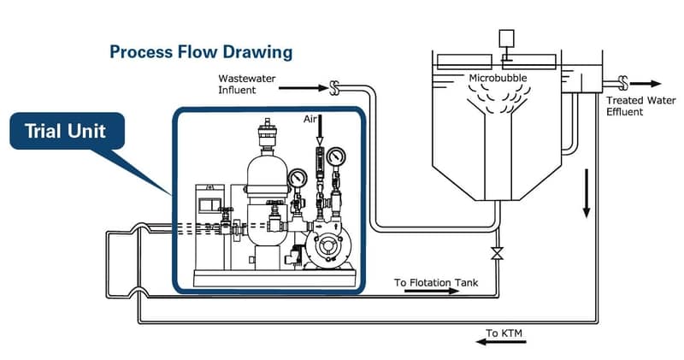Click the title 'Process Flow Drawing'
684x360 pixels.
tap(201, 52)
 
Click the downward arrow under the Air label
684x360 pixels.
tap(320, 133)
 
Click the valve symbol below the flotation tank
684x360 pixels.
tap(494, 255)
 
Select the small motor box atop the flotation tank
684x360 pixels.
tap(505, 38)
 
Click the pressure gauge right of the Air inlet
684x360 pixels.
tap(337, 156)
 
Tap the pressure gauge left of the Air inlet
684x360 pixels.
tap(298, 179)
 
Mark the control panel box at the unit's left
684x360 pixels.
tap(209, 206)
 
